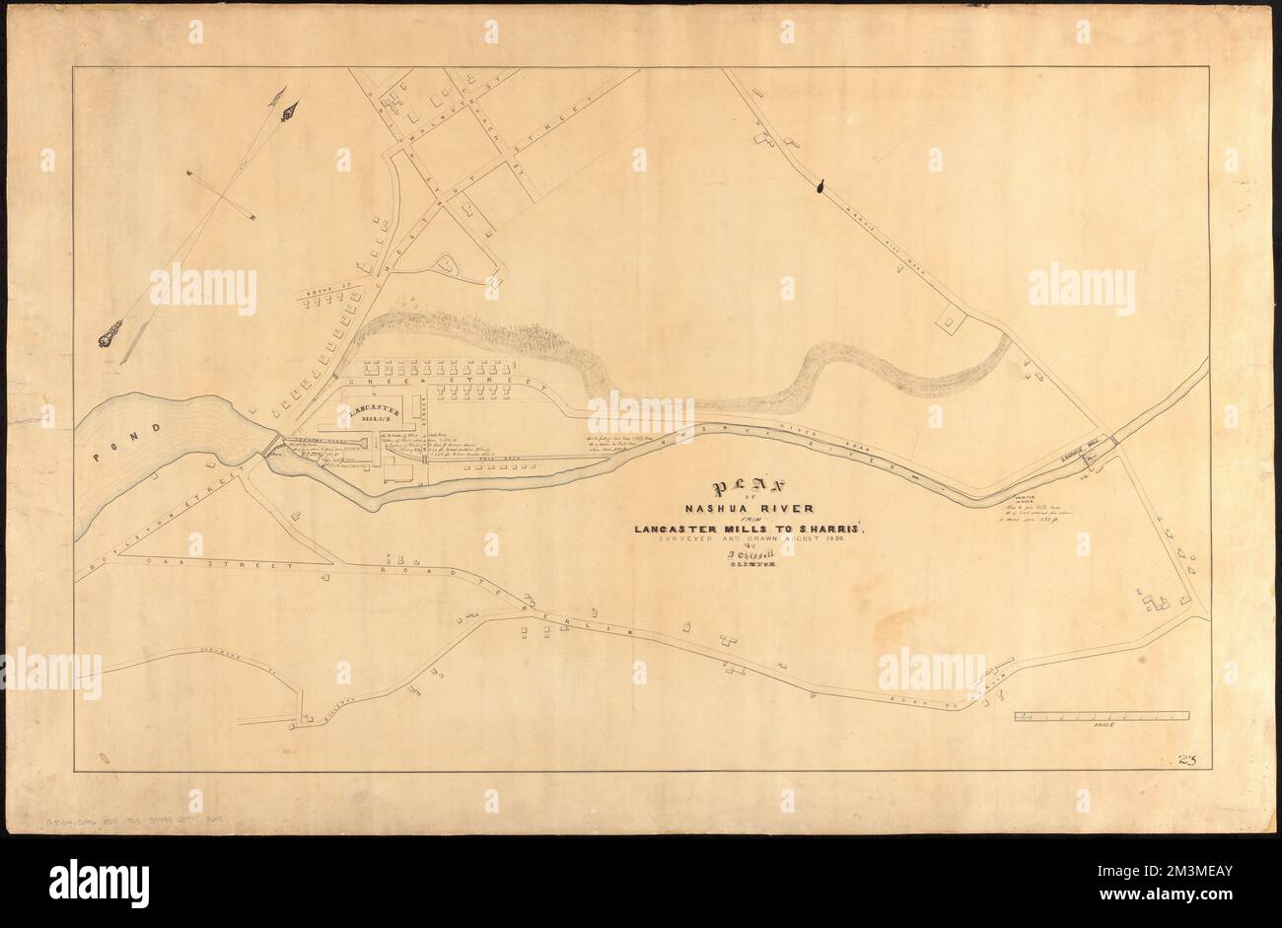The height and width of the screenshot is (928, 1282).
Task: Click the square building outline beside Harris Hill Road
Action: pos(952,320)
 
